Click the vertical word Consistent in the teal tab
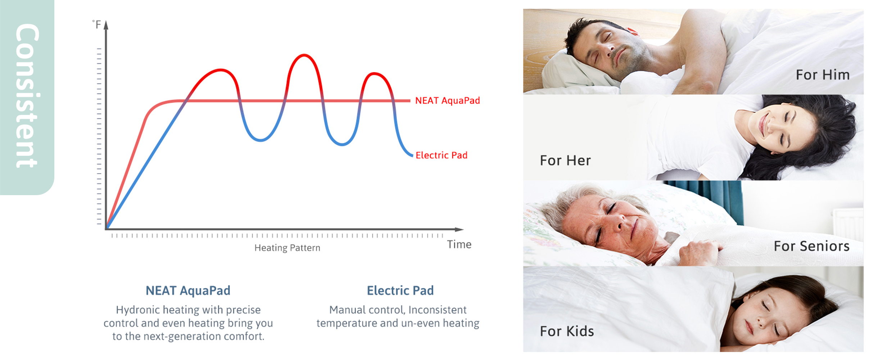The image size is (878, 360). click(x=27, y=96)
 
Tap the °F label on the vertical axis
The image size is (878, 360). click(x=96, y=24)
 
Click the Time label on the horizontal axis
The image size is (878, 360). click(x=459, y=244)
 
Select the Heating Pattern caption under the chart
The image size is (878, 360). click(x=287, y=248)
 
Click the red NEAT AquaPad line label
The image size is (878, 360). click(x=448, y=100)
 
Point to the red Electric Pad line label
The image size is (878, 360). click(x=442, y=155)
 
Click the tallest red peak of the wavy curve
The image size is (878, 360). click(x=304, y=55)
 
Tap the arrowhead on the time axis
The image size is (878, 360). click(x=459, y=229)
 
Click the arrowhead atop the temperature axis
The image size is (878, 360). click(x=106, y=25)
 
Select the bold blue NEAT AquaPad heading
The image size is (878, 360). click(x=188, y=291)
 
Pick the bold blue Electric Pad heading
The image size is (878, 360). click(x=400, y=291)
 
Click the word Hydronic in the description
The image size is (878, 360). click(x=137, y=310)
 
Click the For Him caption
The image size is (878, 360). click(x=823, y=75)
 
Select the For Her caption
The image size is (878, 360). click(x=565, y=161)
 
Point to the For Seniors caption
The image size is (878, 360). click(x=812, y=246)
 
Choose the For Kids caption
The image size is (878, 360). click(x=567, y=331)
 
